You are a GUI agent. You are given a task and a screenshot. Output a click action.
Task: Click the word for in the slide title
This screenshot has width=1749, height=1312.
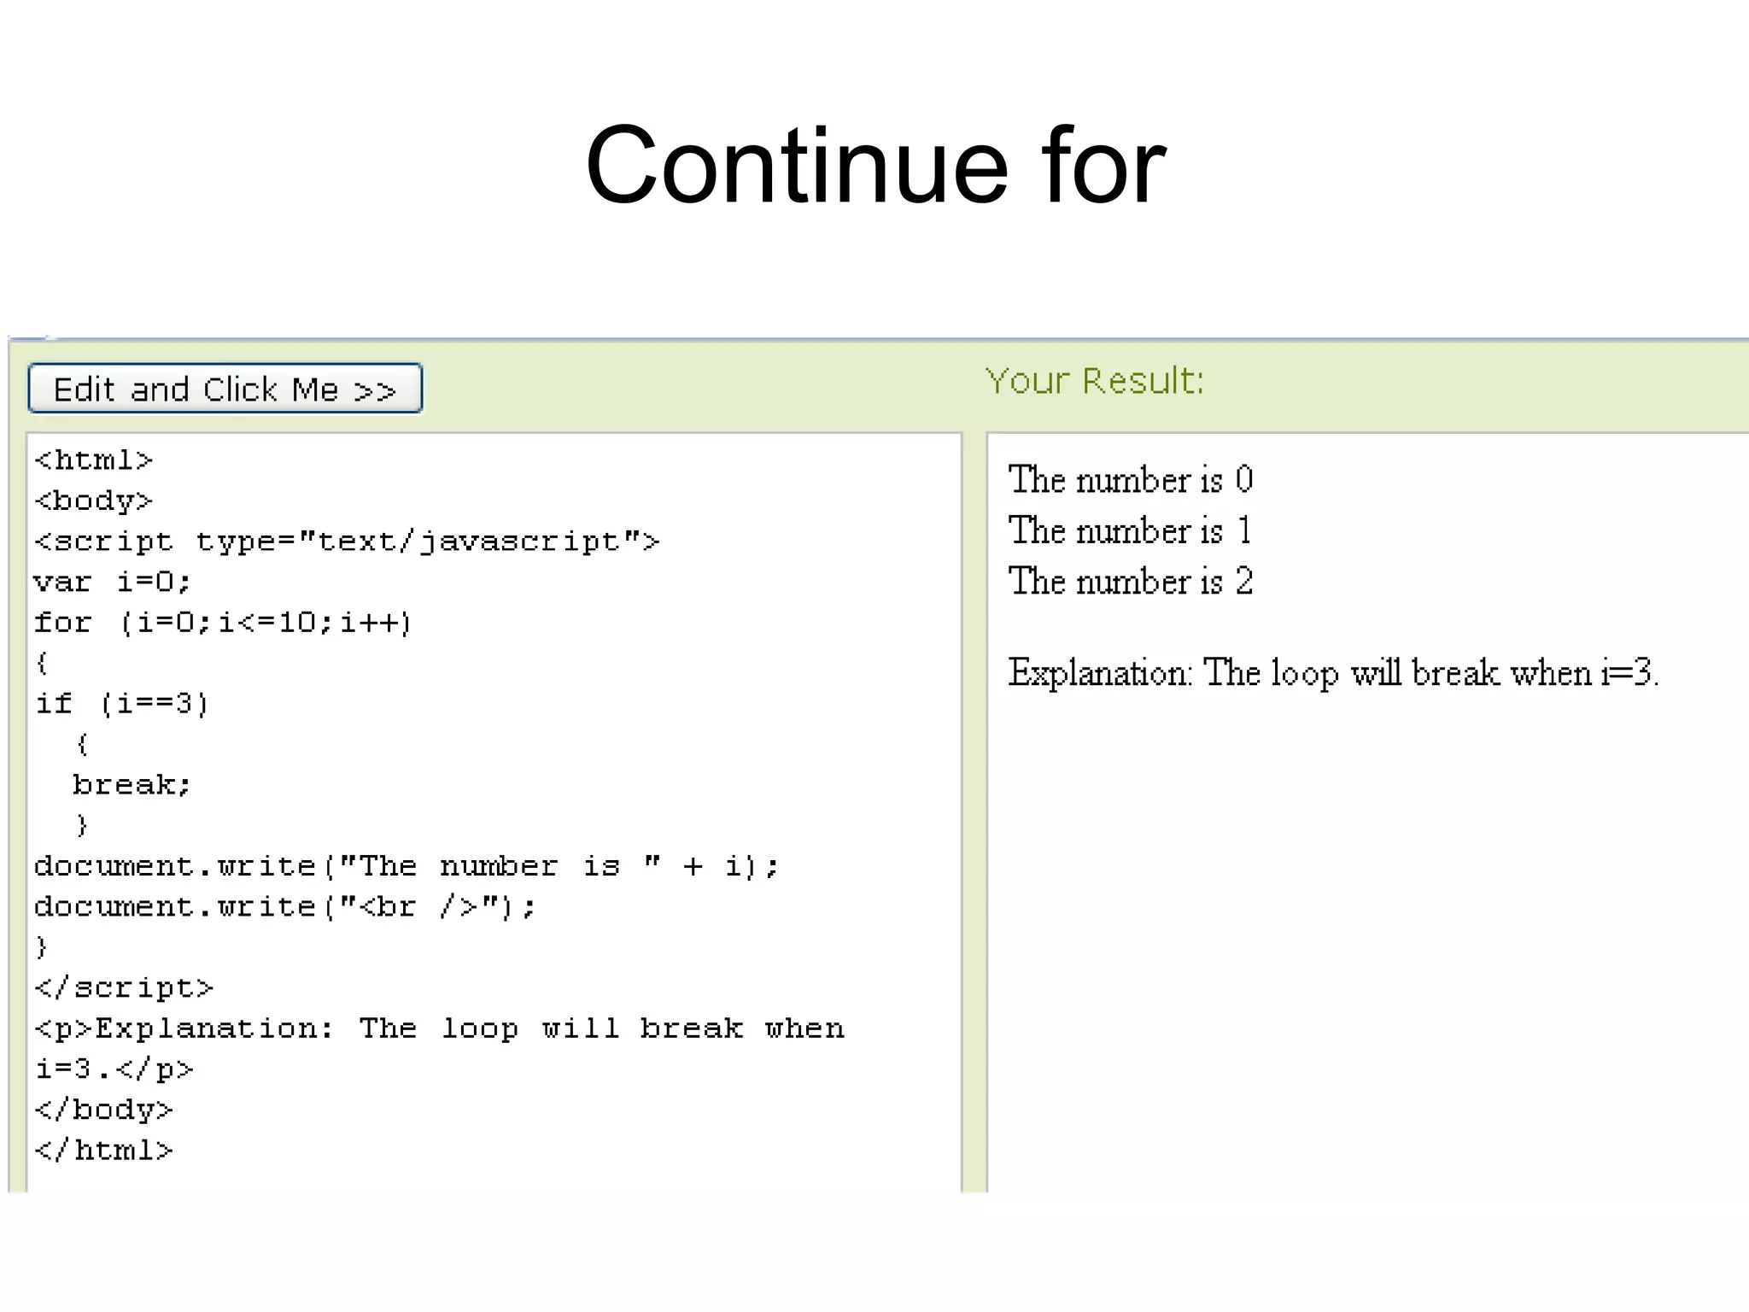[x=1103, y=166]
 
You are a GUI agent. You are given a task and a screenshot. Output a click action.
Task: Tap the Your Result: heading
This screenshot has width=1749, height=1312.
[x=1094, y=381]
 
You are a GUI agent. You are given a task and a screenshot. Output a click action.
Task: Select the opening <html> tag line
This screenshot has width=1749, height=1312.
[x=93, y=460]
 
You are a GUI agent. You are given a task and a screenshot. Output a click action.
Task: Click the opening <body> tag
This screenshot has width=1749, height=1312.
[x=93, y=501]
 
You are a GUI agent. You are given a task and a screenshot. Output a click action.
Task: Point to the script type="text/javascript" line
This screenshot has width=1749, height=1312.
[x=346, y=542]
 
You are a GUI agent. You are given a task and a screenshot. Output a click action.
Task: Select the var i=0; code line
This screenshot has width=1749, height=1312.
[x=112, y=582]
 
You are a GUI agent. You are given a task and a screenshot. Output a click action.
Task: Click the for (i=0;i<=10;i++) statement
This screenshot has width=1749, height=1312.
[x=223, y=622]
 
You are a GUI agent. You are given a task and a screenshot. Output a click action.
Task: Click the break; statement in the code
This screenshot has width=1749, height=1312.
[x=132, y=784]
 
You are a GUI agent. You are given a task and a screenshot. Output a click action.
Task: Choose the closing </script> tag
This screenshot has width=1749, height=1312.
[x=124, y=987]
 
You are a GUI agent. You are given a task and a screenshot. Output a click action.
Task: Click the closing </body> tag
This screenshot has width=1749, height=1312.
[x=103, y=1110]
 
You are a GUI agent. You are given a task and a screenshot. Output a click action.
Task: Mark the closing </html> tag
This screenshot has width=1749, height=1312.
[x=103, y=1150]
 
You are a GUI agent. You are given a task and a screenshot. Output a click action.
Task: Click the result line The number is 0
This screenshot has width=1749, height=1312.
[x=1130, y=480]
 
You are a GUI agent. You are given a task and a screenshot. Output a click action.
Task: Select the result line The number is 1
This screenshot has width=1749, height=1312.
[x=1130, y=531]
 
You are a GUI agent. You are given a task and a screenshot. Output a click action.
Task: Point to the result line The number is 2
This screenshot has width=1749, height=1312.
[x=1130, y=582]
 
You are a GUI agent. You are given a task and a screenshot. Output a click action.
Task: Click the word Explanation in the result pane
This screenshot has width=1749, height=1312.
[x=1098, y=674]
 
